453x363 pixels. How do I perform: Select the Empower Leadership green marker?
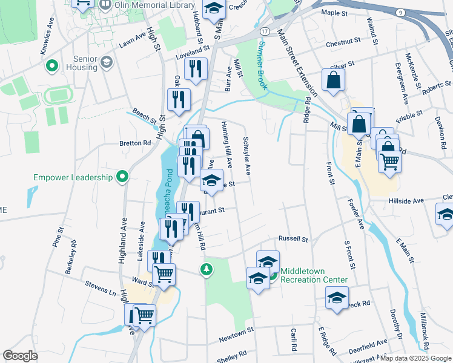[123, 177]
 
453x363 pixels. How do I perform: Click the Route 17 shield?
[265, 30]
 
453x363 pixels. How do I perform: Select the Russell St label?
[293, 239]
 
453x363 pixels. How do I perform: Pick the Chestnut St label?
[343, 42]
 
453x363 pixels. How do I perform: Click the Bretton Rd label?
[138, 143]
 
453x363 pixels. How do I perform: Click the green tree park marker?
[207, 268]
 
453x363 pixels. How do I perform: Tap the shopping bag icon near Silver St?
[333, 80]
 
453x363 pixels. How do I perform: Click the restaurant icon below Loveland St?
[196, 70]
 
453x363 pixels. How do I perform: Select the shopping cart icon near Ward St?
[164, 275]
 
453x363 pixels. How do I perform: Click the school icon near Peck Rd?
[337, 298]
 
